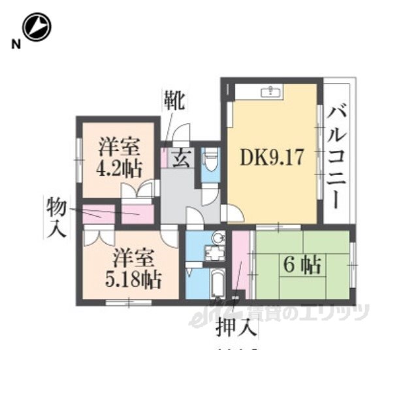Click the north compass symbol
[x=37, y=27]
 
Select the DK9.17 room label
[x=272, y=157]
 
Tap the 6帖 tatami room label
[x=301, y=265]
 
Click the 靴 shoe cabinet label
[x=174, y=101]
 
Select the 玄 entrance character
[x=182, y=158]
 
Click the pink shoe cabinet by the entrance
[x=165, y=157]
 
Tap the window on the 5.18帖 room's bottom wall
[x=129, y=302]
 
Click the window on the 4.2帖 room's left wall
[x=78, y=157]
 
